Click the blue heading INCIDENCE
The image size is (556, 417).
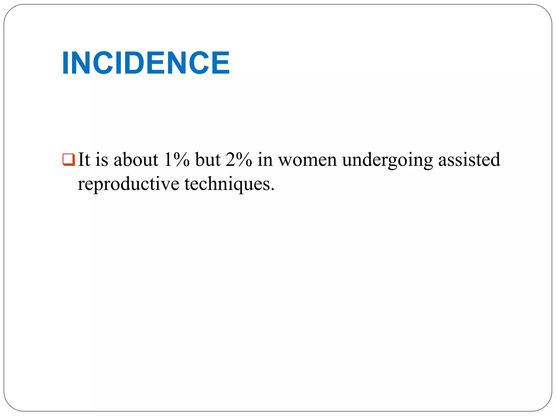146,63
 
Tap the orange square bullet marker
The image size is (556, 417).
68,160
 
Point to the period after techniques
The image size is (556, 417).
273,189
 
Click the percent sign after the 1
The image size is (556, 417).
181,160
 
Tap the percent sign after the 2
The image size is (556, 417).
244,160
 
